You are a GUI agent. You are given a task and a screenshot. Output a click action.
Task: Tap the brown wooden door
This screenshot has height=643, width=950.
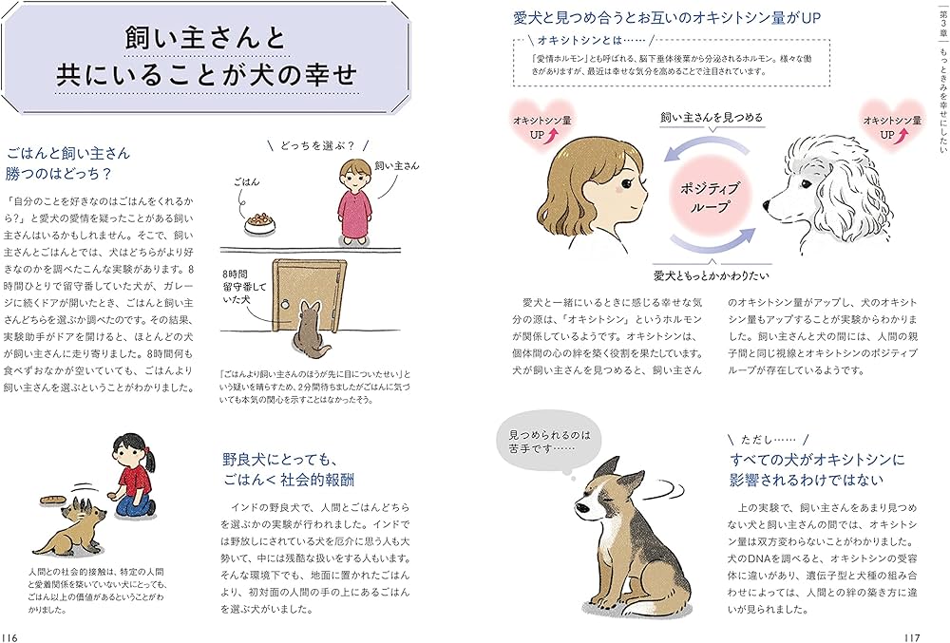(x=310, y=298)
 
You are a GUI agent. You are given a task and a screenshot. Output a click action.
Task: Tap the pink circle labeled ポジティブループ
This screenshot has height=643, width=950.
(x=710, y=198)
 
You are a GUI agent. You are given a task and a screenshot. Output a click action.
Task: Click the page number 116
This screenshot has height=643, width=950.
(x=10, y=637)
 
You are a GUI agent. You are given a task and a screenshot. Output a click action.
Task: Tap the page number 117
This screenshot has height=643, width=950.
(x=912, y=637)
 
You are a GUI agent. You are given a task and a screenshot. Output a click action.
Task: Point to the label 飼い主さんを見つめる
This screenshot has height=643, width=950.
(x=712, y=118)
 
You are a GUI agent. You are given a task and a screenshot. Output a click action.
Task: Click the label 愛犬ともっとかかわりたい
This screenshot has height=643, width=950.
(x=712, y=275)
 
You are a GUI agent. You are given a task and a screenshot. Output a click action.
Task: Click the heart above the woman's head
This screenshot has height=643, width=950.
(x=542, y=125)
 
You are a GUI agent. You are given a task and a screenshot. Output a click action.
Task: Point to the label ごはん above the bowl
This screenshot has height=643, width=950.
(x=247, y=181)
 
